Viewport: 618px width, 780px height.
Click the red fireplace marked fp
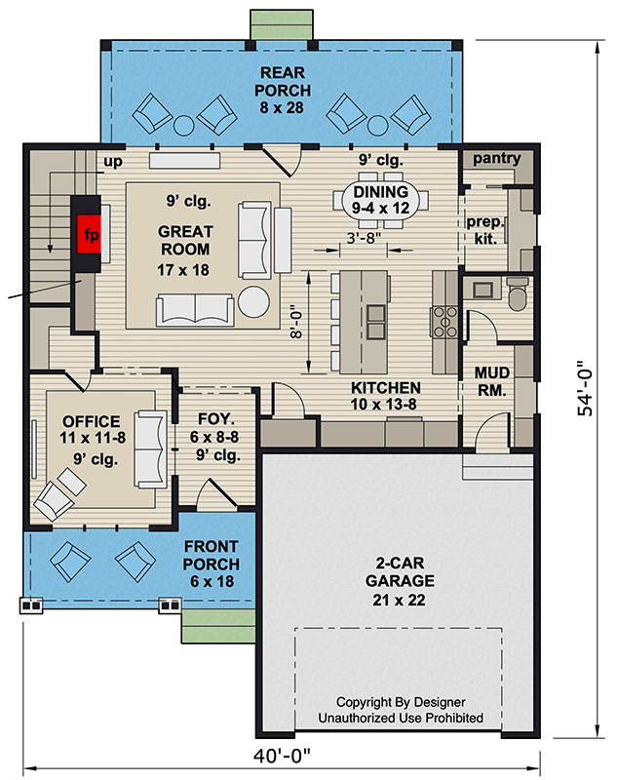pos(90,234)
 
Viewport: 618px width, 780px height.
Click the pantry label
pos(496,159)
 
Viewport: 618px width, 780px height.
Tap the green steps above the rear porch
pos(282,24)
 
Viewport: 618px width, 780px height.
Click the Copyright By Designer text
pos(400,702)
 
